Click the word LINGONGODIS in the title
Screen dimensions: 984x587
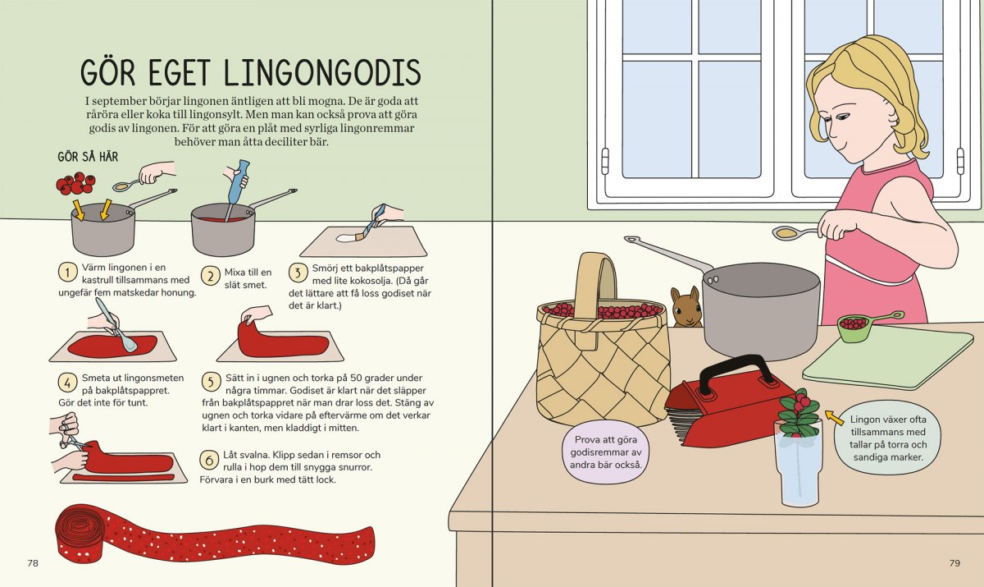(322, 71)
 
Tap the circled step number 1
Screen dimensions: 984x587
(67, 273)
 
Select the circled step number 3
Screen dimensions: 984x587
(298, 273)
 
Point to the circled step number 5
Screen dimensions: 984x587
(212, 382)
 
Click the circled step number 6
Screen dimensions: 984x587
(209, 460)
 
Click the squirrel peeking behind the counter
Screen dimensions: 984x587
(686, 307)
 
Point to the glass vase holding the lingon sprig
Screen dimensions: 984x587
(798, 466)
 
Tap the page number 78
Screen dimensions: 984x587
(33, 563)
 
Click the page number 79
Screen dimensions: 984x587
(954, 563)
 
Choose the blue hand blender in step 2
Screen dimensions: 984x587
(235, 189)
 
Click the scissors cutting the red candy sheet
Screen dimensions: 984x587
(73, 441)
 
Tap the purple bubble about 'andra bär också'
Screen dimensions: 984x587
(605, 452)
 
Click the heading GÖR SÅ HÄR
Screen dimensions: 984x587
(88, 157)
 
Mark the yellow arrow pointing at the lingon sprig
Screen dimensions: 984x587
(834, 417)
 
